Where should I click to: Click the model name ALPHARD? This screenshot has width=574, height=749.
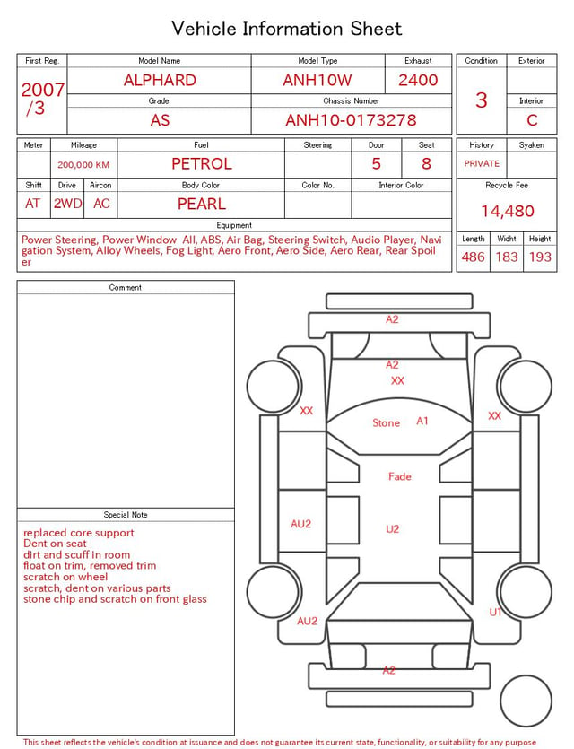click(x=160, y=80)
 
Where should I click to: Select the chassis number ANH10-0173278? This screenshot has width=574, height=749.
click(x=351, y=120)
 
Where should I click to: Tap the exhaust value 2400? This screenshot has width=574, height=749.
click(x=418, y=80)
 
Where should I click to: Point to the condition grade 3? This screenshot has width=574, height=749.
click(x=482, y=100)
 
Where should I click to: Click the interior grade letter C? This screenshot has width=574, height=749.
click(x=532, y=120)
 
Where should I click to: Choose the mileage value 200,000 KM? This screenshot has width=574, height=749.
click(x=83, y=165)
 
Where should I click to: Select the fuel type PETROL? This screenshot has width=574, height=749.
click(x=202, y=164)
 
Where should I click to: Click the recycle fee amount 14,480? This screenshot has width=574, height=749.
click(x=507, y=211)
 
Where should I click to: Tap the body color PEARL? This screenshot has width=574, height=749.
click(x=202, y=204)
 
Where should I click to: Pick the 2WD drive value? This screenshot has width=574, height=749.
click(x=67, y=204)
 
